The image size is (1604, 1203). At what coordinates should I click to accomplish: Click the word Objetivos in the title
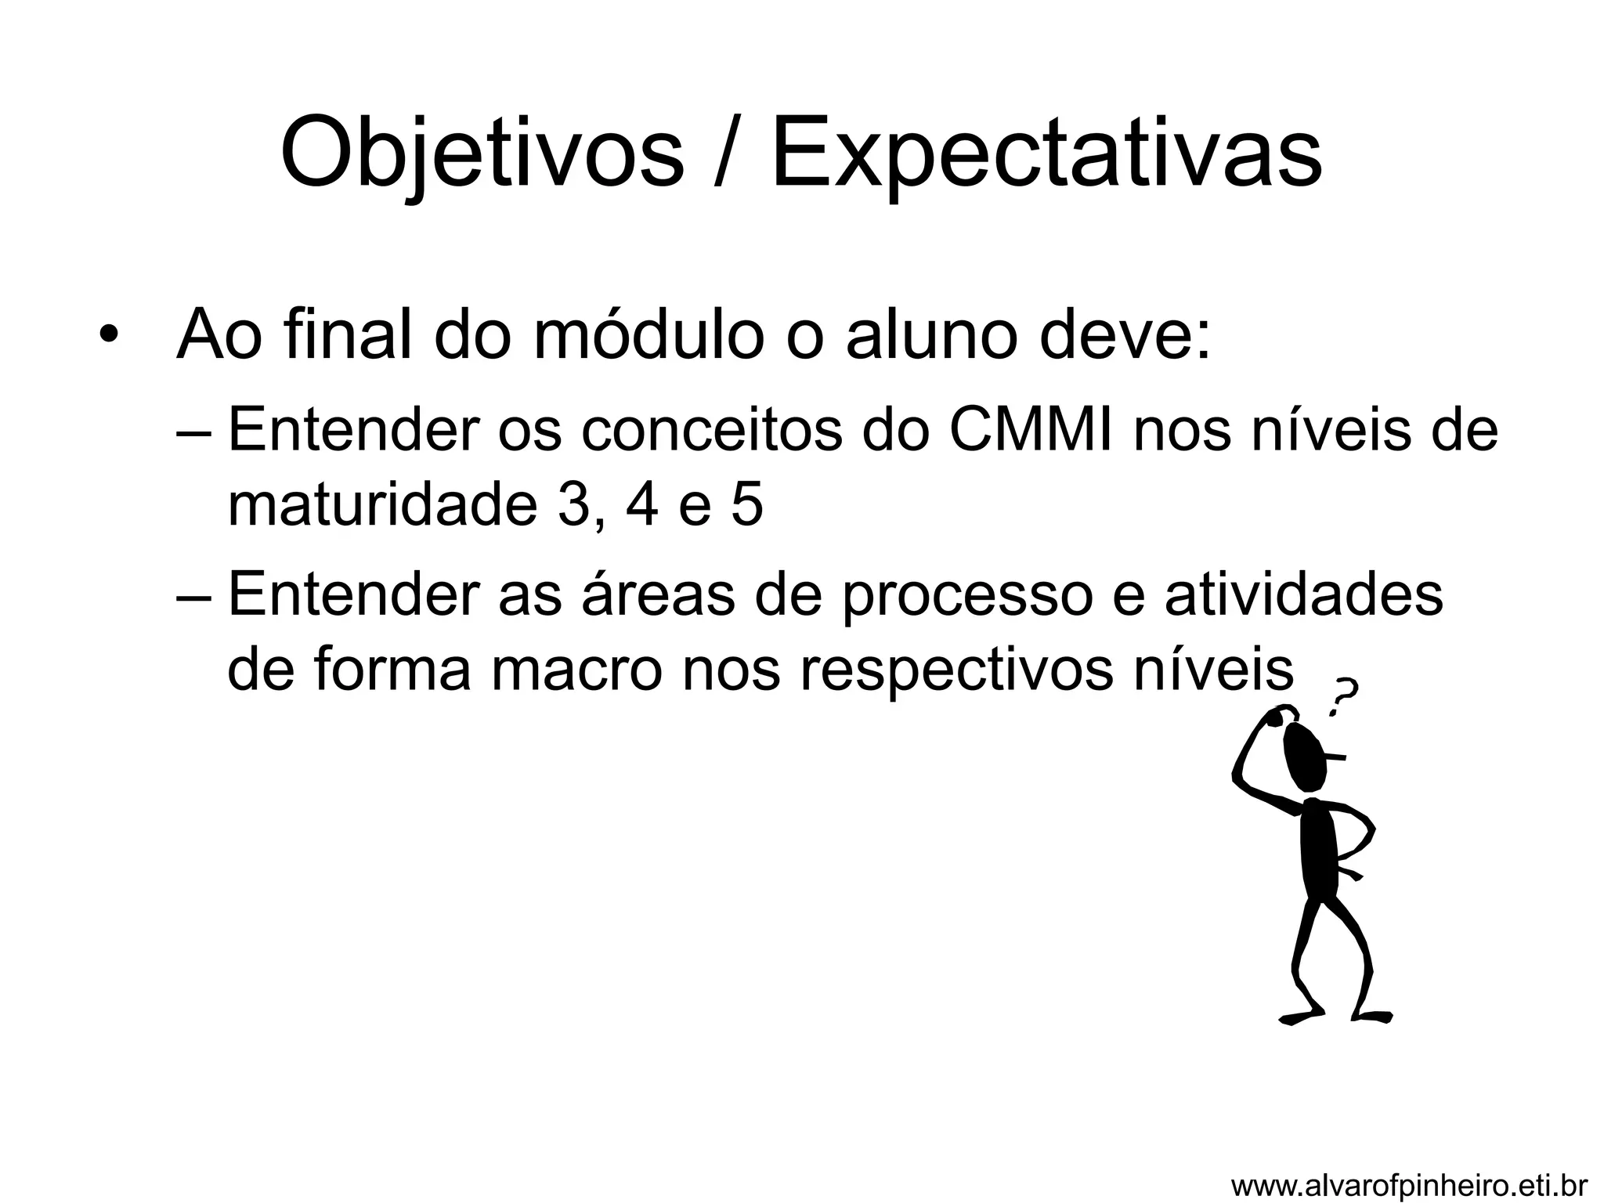coord(482,153)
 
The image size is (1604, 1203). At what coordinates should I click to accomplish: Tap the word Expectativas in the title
coord(1046,153)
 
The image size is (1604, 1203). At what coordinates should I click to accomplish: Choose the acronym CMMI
coord(1031,431)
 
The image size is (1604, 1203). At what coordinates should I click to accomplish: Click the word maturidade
coord(378,506)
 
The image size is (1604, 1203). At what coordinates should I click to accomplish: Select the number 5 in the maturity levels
coord(746,506)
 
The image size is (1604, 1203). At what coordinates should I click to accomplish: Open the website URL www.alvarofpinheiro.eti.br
coord(1409,1185)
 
